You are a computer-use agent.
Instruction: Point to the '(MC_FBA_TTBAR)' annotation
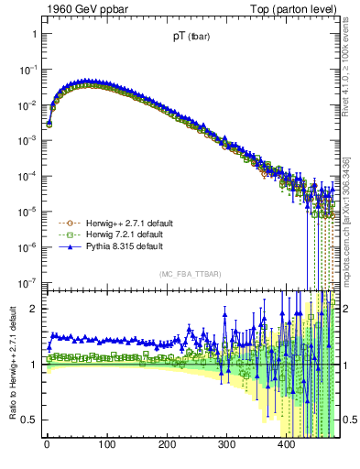pos(188,275)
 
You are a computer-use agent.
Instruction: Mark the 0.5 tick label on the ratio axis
pos(28,420)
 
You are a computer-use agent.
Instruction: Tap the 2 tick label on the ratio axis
pos(34,309)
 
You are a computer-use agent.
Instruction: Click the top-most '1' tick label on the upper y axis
pos(34,34)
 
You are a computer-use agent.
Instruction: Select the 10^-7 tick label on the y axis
pos(28,281)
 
